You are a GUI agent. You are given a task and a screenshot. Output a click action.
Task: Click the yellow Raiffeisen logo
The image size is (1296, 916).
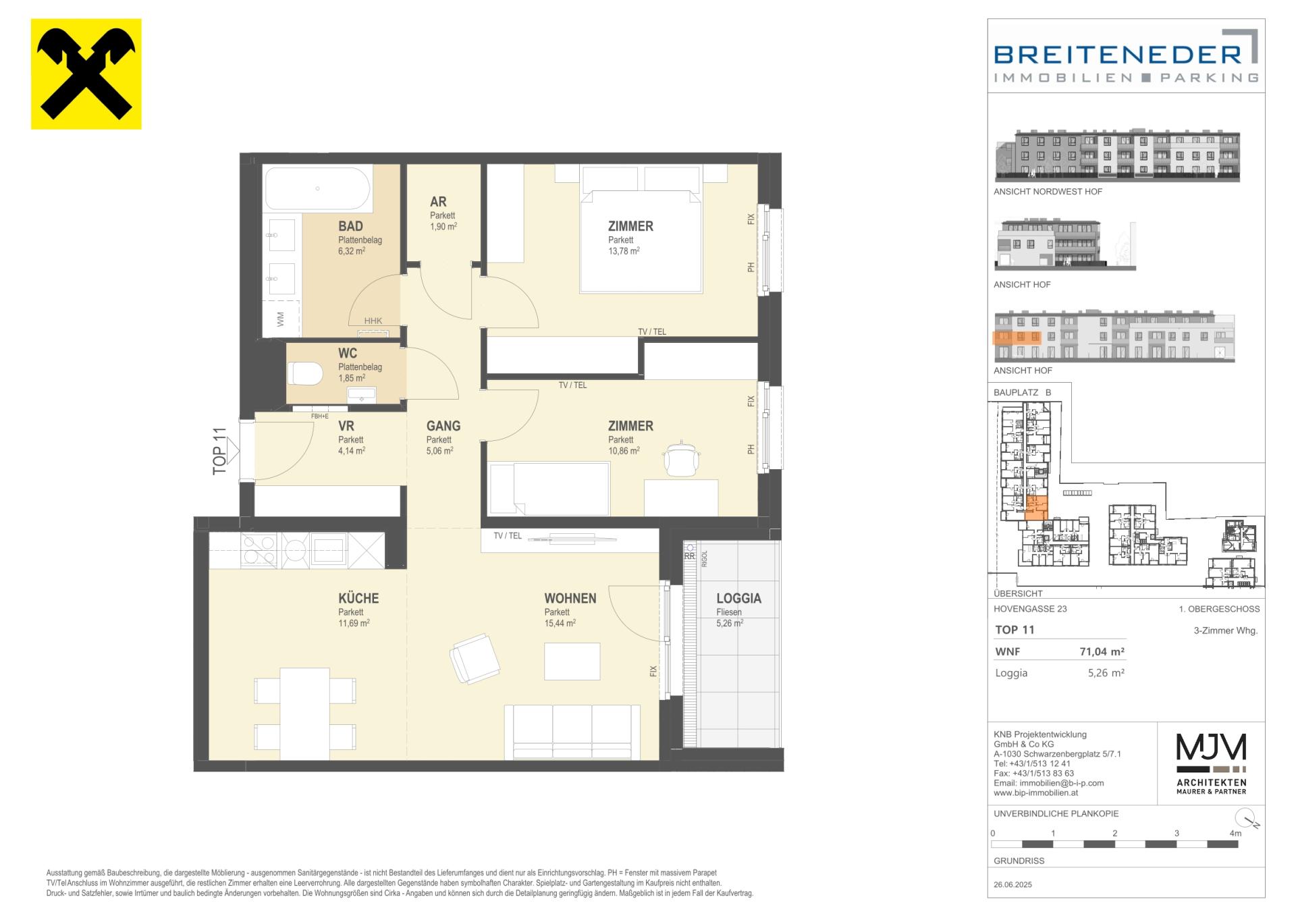(x=86, y=74)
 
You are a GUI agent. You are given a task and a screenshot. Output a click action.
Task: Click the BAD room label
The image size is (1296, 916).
(x=350, y=226)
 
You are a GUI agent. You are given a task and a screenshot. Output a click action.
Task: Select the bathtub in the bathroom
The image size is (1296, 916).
(x=317, y=188)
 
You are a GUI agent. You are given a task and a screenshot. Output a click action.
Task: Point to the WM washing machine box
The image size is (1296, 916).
(x=281, y=319)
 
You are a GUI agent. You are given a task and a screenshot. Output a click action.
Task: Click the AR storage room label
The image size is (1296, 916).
(x=438, y=201)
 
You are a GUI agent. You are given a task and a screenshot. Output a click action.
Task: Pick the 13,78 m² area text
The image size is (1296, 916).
(x=624, y=251)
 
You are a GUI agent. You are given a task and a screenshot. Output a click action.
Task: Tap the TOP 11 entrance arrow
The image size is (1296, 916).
(x=234, y=450)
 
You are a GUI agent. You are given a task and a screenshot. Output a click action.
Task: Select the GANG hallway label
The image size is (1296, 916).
(x=443, y=426)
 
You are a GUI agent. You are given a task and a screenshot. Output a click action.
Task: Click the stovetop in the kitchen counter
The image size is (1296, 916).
(x=260, y=549)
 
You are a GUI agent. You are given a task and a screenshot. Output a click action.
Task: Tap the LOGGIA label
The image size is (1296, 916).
(x=738, y=598)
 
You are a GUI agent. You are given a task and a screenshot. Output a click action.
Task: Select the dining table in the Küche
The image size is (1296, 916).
(x=305, y=713)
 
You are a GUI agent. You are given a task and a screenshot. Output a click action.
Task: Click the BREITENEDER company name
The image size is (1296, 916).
(x=1118, y=54)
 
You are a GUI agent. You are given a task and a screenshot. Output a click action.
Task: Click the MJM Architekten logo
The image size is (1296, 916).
(x=1211, y=763)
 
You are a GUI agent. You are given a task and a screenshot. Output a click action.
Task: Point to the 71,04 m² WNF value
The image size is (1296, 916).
(x=1102, y=651)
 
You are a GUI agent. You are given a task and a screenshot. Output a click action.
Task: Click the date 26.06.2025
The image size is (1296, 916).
(x=1013, y=884)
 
